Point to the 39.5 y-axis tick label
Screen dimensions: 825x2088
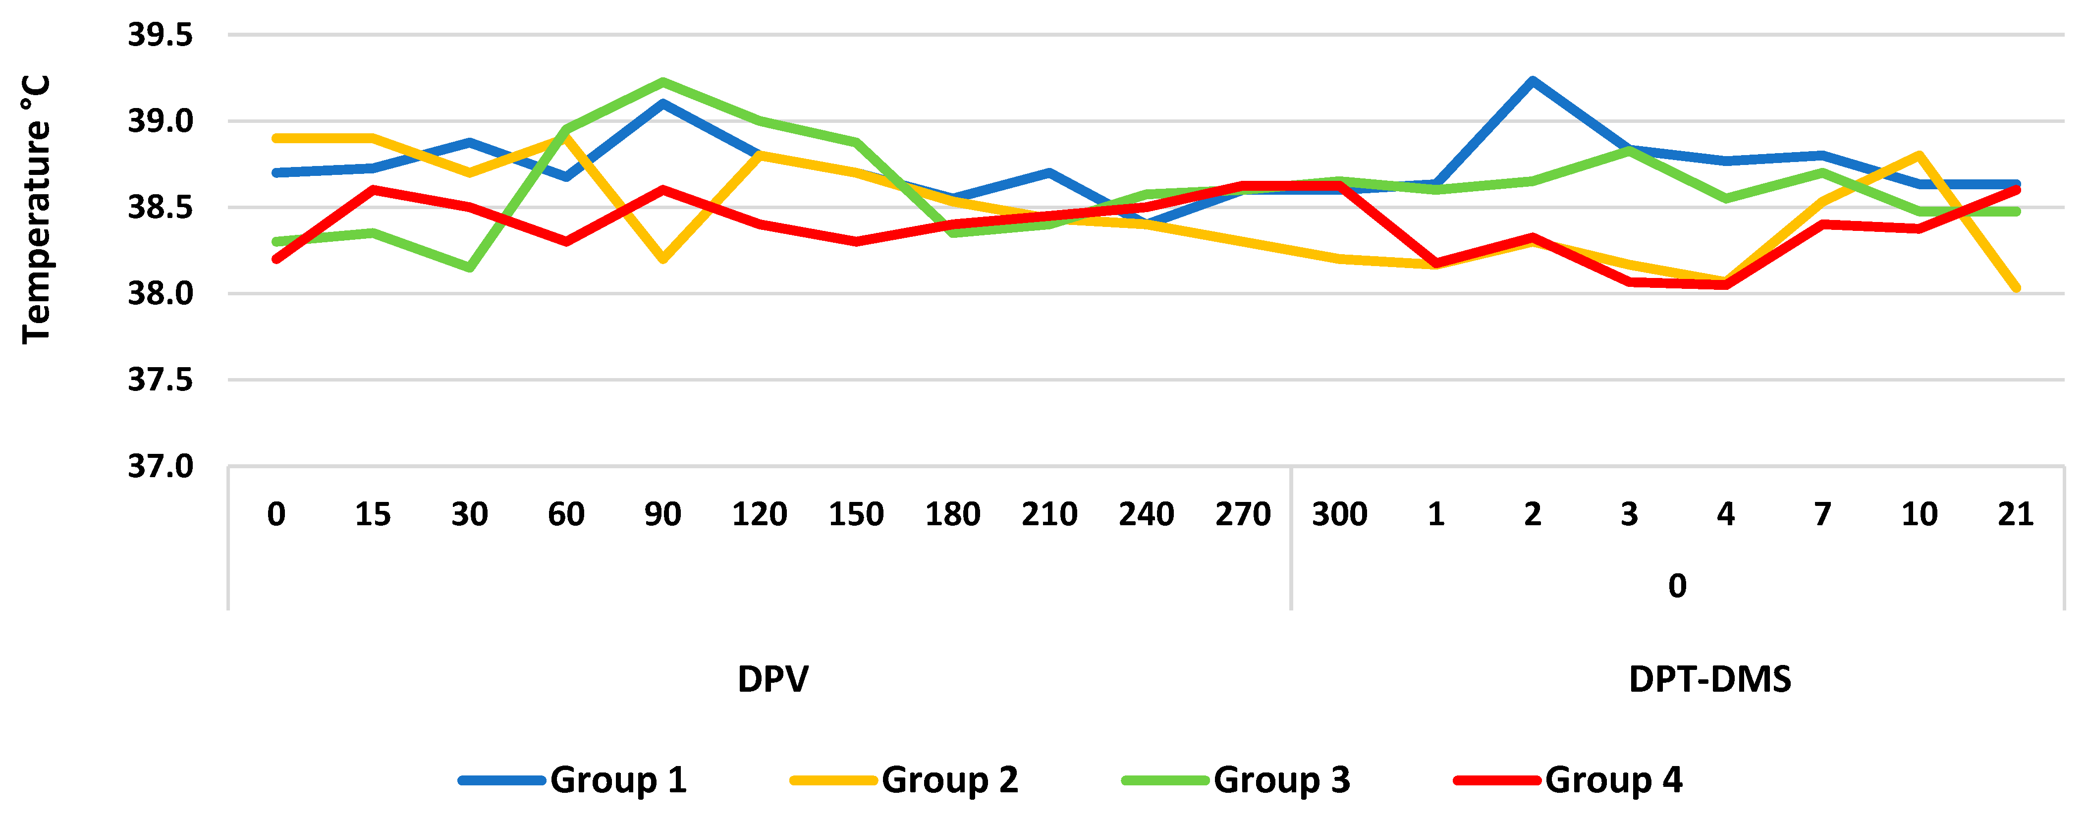pyautogui.click(x=161, y=36)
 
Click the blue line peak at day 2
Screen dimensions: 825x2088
pyautogui.click(x=1532, y=80)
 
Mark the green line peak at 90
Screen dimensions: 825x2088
pyautogui.click(x=662, y=82)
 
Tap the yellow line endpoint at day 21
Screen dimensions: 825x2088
pyautogui.click(x=2016, y=288)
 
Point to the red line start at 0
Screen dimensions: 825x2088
pyautogui.click(x=276, y=259)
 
